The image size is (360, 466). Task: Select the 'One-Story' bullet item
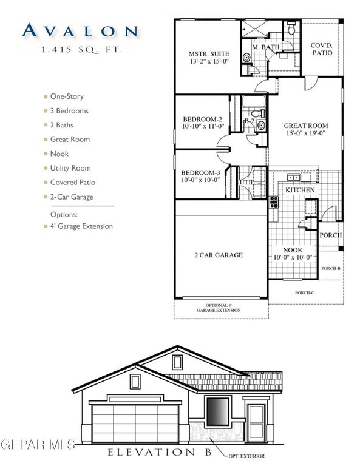pyautogui.click(x=67, y=96)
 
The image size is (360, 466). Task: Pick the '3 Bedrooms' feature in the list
pyautogui.click(x=69, y=111)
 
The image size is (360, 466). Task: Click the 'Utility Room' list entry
pyautogui.click(x=70, y=168)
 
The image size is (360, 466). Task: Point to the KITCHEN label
pyautogui.click(x=301, y=190)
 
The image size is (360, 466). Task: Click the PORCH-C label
pyautogui.click(x=303, y=292)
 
